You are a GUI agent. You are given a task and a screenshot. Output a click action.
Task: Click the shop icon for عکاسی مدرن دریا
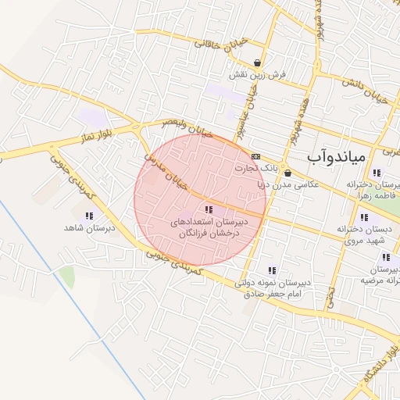point(287,173)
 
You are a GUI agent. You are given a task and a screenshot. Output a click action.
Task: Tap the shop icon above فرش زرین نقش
point(258,63)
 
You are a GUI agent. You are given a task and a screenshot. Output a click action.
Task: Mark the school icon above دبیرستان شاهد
point(88,215)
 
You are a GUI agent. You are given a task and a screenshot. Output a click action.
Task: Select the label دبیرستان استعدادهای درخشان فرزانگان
point(209,228)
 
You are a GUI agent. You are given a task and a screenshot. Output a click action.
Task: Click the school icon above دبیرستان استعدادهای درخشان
point(208,209)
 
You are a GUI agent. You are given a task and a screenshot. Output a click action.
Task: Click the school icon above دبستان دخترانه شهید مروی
point(363,218)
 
